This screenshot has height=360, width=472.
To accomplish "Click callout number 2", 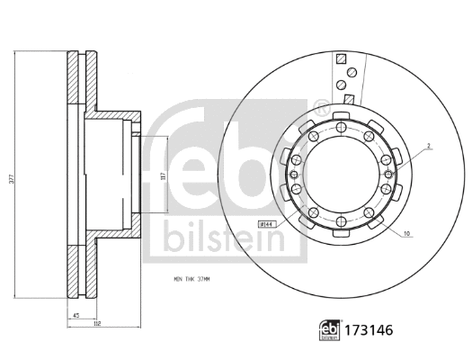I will [x=430, y=145].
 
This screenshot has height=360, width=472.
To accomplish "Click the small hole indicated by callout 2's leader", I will [x=387, y=163].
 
